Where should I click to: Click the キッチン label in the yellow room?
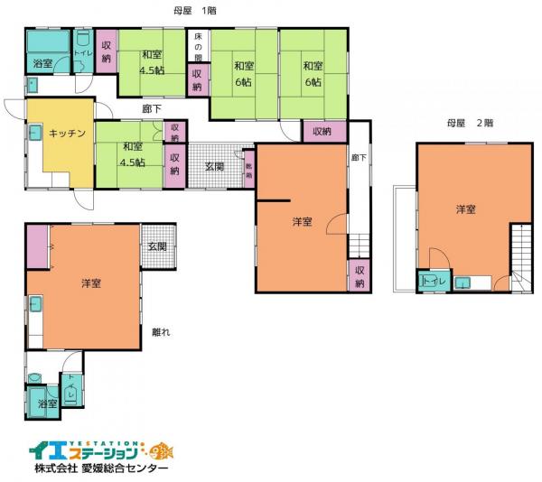68,132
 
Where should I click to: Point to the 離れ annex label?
162,332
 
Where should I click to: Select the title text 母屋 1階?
195,10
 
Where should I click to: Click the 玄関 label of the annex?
157,245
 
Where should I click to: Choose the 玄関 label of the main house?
214,166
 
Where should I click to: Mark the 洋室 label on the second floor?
466,209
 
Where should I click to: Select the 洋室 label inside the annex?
90,283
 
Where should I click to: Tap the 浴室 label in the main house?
42,63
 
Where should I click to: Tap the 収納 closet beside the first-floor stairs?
360,275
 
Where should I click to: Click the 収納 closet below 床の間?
198,79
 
